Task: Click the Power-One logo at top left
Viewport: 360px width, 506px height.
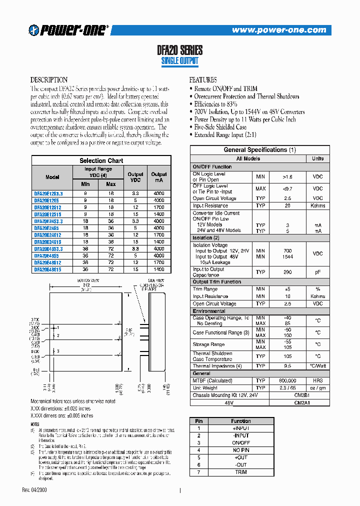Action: pos(68,30)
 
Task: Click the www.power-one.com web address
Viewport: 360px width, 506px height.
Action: pos(278,30)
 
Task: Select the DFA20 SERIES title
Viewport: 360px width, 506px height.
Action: pos(179,50)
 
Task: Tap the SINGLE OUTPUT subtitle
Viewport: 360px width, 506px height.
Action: pos(179,61)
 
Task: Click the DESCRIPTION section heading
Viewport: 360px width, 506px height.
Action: pos(49,80)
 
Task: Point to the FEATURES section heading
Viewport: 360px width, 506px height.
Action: pos(203,80)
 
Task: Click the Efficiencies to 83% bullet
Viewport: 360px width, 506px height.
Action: pos(215,104)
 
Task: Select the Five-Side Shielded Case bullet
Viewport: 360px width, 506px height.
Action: pos(220,127)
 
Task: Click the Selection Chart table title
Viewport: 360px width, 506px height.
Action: pos(101,160)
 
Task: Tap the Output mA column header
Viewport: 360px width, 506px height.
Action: pos(159,177)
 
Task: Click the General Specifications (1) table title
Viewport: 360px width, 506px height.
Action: pos(259,149)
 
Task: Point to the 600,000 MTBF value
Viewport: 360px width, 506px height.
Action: pos(287,380)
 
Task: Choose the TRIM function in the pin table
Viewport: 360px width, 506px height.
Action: pos(241,471)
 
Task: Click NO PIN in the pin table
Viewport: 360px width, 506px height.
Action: pos(241,450)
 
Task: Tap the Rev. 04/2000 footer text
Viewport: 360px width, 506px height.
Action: pos(36,489)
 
